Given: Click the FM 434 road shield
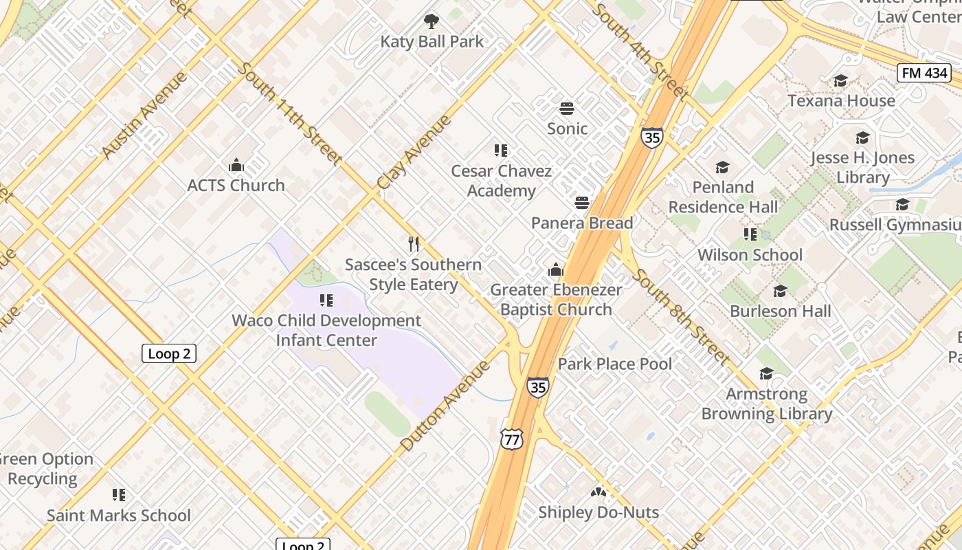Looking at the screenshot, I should [x=924, y=73].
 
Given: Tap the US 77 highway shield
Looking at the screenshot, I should [x=512, y=439].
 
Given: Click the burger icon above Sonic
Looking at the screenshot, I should [x=567, y=108].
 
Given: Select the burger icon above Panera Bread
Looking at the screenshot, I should [x=582, y=202].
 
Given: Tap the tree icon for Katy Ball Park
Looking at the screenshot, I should [x=432, y=21].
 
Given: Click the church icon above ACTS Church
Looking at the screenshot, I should [x=236, y=165].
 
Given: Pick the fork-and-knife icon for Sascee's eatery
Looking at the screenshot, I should [x=414, y=244].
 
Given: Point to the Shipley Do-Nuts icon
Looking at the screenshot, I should [x=599, y=492].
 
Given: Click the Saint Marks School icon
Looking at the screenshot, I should [x=119, y=495].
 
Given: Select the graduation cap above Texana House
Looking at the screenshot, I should [x=840, y=81].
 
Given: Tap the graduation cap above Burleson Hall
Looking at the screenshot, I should [x=780, y=291].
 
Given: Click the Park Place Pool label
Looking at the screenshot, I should [x=615, y=364].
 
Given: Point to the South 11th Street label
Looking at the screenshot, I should [x=290, y=113].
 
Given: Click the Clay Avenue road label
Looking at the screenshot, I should [x=414, y=152].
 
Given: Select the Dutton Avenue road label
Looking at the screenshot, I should [x=445, y=405].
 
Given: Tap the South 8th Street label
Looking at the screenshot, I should [x=680, y=316].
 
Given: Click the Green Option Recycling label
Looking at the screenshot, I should [x=45, y=469].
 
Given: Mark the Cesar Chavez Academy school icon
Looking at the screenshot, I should [x=501, y=150].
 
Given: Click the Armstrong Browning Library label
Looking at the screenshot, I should [x=767, y=404].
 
